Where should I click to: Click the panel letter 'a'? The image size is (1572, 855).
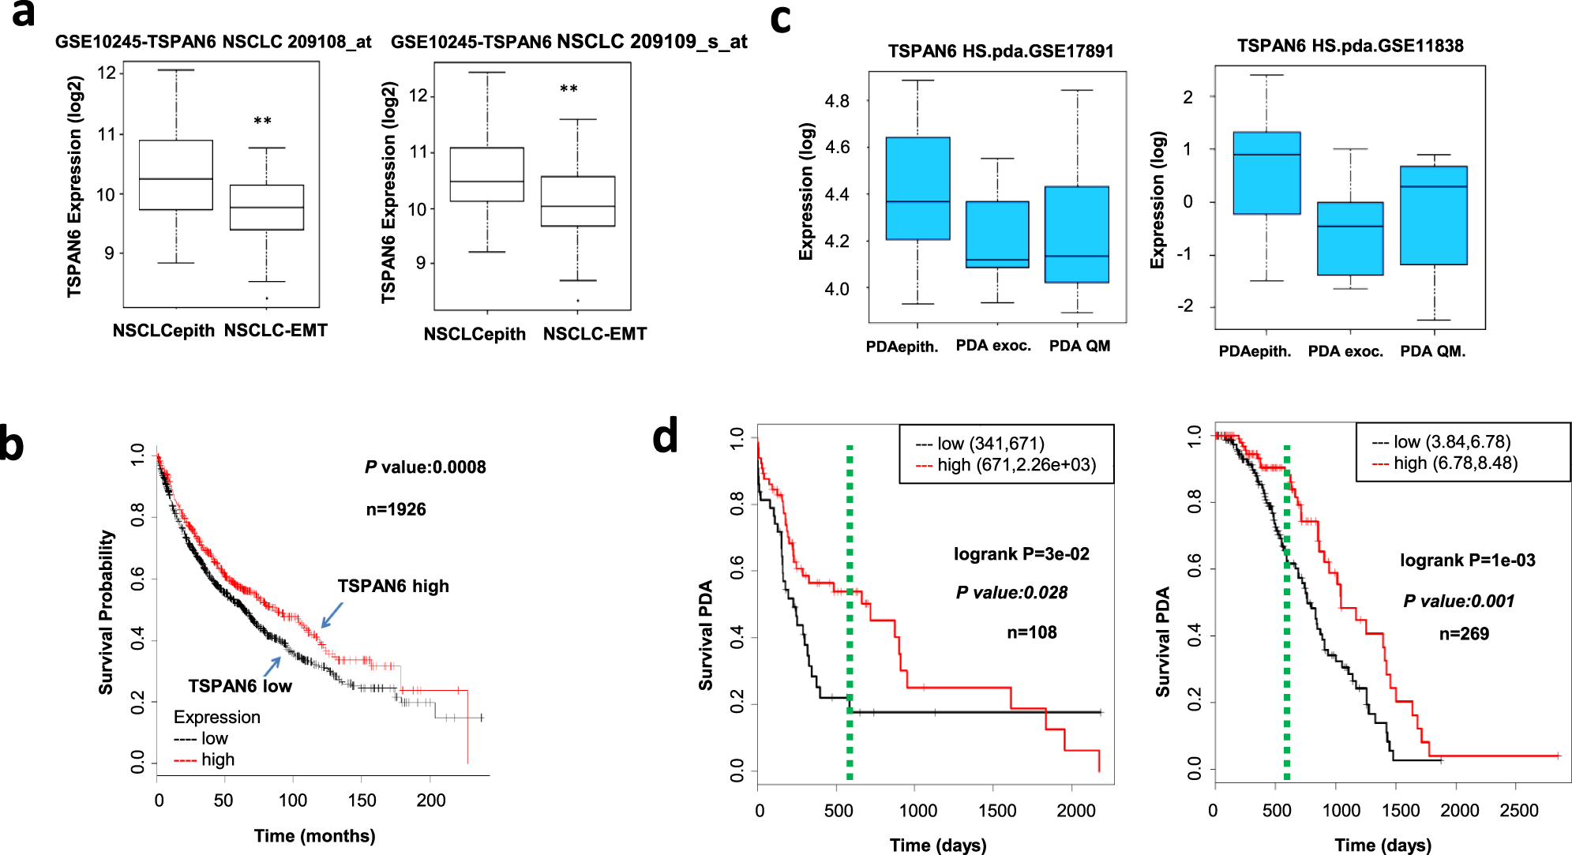click(24, 14)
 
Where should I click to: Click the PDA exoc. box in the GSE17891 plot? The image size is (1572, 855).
click(997, 234)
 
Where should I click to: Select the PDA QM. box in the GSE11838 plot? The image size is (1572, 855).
click(1433, 216)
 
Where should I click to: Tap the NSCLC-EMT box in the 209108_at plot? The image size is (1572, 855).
click(267, 208)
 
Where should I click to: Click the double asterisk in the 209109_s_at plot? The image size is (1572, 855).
click(568, 89)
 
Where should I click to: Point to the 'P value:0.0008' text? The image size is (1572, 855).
click(426, 467)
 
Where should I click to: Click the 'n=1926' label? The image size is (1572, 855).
click(396, 510)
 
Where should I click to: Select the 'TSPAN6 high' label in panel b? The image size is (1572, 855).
click(393, 587)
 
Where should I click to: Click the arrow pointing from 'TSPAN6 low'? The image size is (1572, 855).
click(272, 666)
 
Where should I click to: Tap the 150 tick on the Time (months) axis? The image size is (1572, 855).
click(362, 801)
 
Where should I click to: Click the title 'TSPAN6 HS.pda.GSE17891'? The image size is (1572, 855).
click(1000, 51)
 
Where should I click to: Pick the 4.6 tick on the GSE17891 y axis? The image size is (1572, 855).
click(837, 148)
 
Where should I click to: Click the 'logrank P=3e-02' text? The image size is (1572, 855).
click(1021, 554)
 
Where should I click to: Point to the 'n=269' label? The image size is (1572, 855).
click(1464, 634)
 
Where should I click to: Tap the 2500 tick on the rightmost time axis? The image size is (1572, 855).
click(1518, 811)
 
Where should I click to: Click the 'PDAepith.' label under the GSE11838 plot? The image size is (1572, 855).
click(1255, 351)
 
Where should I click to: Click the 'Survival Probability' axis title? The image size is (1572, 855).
click(106, 612)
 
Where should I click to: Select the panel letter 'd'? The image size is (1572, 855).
click(665, 437)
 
